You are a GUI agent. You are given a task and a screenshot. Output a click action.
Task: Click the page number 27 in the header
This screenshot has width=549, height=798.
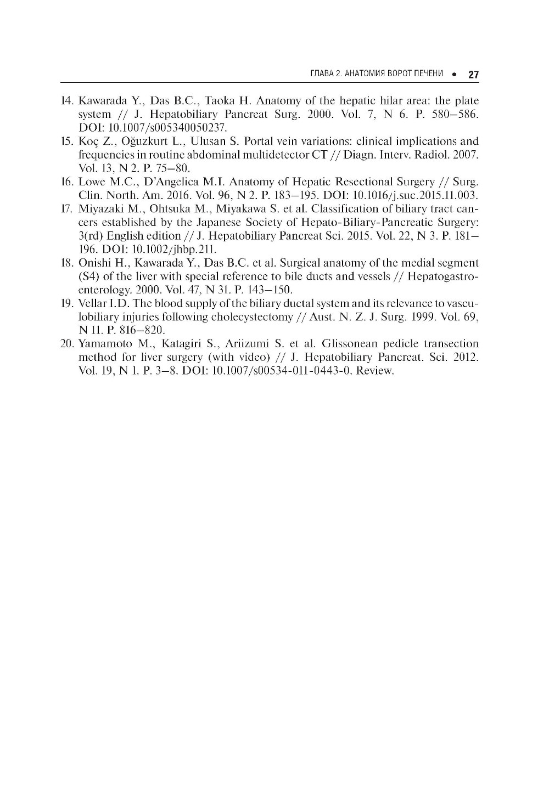[x=474, y=75]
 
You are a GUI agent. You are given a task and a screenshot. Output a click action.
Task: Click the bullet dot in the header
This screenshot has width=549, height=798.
[x=454, y=75]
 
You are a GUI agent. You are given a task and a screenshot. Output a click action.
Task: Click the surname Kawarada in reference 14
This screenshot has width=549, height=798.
[x=103, y=101]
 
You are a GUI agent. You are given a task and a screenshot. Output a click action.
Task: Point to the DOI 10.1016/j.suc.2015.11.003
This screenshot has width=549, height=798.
[x=418, y=195]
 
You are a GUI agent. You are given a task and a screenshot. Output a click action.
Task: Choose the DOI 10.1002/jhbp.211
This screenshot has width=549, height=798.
[x=170, y=249]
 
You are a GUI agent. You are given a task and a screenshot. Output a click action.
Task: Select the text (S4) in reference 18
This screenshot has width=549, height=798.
[x=88, y=276]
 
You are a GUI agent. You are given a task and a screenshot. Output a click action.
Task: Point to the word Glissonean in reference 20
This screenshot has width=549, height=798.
[x=350, y=344]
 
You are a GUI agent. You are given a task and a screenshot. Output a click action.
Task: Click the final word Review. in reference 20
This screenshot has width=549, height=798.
[x=376, y=371]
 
